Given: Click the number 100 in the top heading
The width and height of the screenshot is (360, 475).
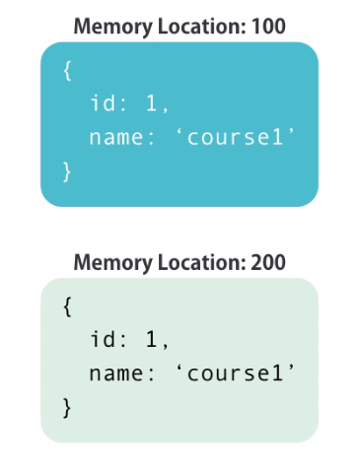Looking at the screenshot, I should click(267, 25).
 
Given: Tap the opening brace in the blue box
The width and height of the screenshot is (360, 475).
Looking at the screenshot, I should click(67, 72).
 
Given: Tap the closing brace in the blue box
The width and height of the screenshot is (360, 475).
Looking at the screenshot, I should click(67, 170).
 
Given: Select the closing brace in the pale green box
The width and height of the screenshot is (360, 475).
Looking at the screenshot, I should click(67, 405).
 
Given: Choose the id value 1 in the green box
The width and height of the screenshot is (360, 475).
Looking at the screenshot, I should click(152, 341).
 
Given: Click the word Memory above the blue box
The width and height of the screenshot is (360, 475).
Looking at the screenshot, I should click(105, 25).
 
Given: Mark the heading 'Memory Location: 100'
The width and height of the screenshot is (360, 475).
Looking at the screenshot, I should click(180, 25).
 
